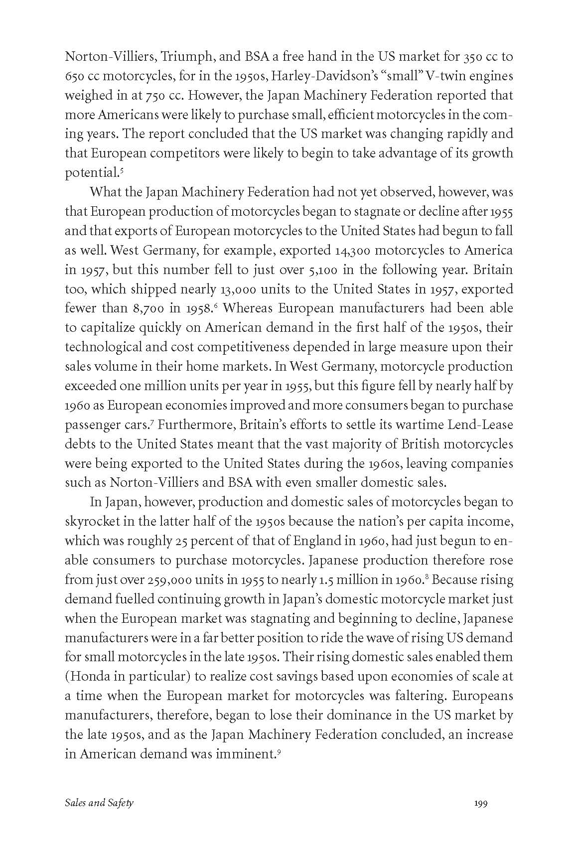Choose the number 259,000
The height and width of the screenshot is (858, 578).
168,579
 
